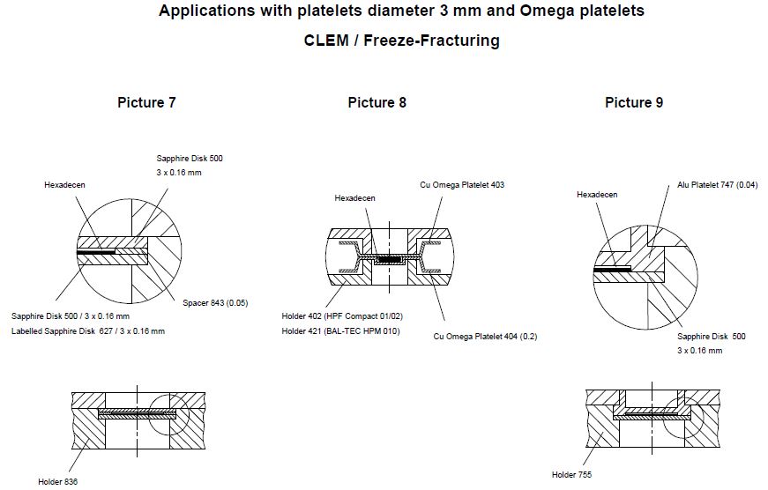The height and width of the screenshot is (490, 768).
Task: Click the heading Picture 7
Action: click(146, 102)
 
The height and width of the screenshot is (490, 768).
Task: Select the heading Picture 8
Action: click(377, 102)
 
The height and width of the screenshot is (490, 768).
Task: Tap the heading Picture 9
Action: click(634, 102)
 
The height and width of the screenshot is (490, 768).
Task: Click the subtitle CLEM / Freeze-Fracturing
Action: click(401, 41)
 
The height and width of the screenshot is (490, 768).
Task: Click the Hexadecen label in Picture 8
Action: click(354, 198)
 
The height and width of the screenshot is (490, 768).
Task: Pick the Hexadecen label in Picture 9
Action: click(597, 194)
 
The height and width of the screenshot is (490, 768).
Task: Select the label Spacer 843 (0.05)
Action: click(215, 303)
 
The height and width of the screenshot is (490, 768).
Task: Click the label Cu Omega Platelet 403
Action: click(461, 185)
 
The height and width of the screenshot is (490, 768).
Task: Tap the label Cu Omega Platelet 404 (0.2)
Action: click(485, 336)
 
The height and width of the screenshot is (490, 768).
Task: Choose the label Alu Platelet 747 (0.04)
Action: click(716, 185)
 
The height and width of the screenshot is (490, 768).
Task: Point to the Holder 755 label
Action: click(572, 475)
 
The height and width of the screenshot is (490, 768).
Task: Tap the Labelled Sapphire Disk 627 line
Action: click(88, 331)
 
